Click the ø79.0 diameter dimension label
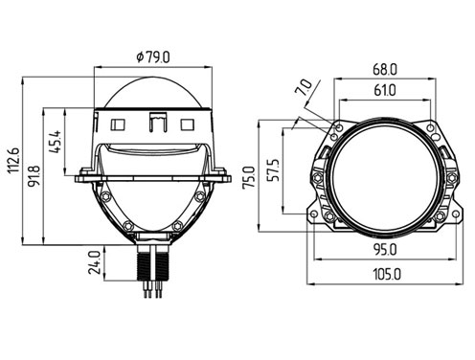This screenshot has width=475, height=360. click(x=153, y=57)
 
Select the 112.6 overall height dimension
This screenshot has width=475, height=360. click(x=13, y=161)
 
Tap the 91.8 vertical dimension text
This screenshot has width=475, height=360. click(x=34, y=175)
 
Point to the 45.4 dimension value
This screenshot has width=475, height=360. click(x=57, y=142)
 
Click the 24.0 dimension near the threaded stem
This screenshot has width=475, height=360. click(x=95, y=262)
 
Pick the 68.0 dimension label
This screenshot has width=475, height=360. click(x=385, y=70)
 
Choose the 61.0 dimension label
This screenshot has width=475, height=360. click(x=385, y=90)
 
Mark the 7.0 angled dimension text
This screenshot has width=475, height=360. click(x=304, y=88)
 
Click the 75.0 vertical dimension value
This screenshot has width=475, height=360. click(x=249, y=176)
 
